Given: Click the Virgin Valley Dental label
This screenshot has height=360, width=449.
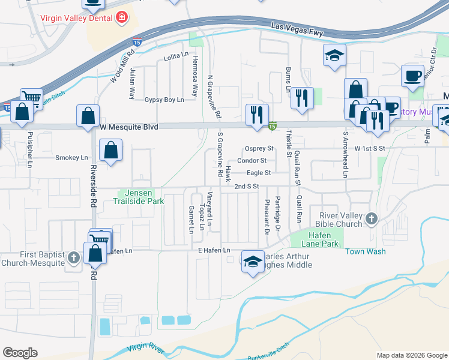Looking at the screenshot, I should click(x=77, y=17).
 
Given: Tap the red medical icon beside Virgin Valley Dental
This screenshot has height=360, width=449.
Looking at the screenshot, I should click(x=122, y=17).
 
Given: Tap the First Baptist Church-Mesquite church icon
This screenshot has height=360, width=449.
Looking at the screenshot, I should click(x=74, y=259).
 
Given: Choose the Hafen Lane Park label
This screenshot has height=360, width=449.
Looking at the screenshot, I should click(x=316, y=240).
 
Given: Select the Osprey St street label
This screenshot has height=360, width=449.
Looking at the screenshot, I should click(x=259, y=149).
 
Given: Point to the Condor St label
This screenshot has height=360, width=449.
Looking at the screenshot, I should click(x=252, y=161).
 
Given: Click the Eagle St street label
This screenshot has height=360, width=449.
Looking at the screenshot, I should click(x=259, y=173).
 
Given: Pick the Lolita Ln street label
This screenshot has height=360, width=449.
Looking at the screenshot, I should click(x=176, y=59).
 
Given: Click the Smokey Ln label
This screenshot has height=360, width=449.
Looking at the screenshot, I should click(x=71, y=158).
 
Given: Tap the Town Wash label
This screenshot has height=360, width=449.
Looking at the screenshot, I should click(x=366, y=251).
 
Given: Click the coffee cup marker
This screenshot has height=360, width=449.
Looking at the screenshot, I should click(x=412, y=75).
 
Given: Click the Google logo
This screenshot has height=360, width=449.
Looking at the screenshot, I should click(x=20, y=353).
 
